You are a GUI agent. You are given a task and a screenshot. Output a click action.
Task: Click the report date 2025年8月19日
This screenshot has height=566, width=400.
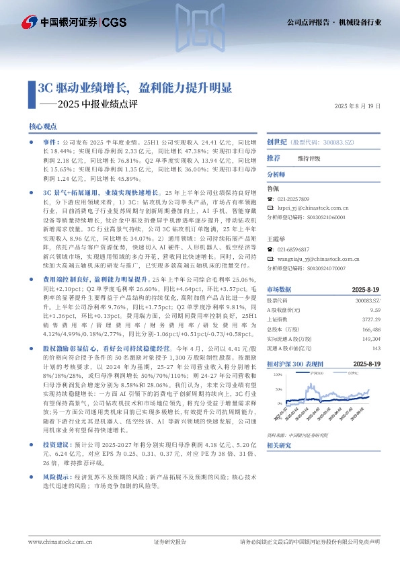(358, 106)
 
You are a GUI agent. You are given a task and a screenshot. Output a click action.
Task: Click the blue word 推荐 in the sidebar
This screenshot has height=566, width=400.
(274, 158)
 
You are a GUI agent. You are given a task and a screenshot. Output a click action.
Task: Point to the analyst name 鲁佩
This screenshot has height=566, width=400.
(272, 189)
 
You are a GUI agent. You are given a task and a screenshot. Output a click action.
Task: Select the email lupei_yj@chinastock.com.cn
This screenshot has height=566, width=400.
(311, 209)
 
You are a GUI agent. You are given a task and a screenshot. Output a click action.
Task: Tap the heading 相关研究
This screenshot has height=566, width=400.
(279, 446)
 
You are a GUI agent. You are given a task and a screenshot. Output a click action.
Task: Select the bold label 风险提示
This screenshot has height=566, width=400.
(54, 495)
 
